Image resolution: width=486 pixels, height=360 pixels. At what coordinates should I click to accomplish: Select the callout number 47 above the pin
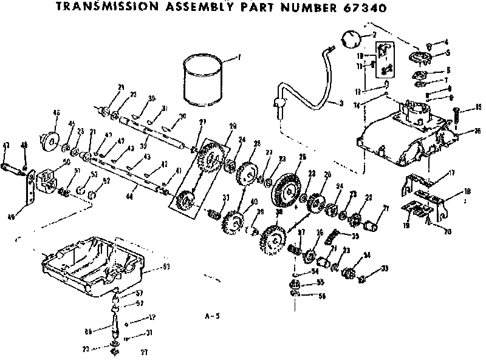point(7,144)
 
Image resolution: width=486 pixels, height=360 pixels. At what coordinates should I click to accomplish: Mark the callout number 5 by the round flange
point(447,53)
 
